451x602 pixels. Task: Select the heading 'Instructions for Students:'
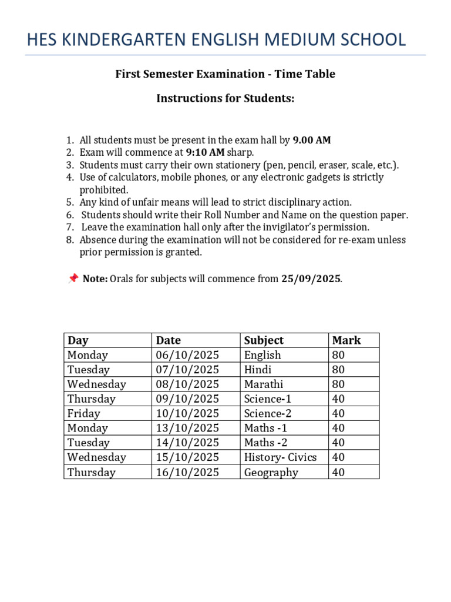click(225, 98)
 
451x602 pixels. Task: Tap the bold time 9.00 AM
click(312, 140)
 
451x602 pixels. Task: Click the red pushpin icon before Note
click(73, 279)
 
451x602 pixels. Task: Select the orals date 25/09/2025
click(311, 279)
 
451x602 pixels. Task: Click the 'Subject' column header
click(264, 340)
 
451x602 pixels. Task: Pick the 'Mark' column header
click(346, 340)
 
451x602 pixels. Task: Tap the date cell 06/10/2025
click(187, 355)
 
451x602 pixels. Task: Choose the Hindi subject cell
click(257, 370)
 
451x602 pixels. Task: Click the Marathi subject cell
click(263, 384)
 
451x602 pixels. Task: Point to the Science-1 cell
click(268, 399)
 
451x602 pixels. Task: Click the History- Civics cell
click(280, 457)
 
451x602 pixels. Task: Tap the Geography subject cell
click(271, 472)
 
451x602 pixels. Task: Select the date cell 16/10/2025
click(187, 472)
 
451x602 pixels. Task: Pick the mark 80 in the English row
click(339, 355)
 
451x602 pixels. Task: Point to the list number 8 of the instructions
click(69, 240)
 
